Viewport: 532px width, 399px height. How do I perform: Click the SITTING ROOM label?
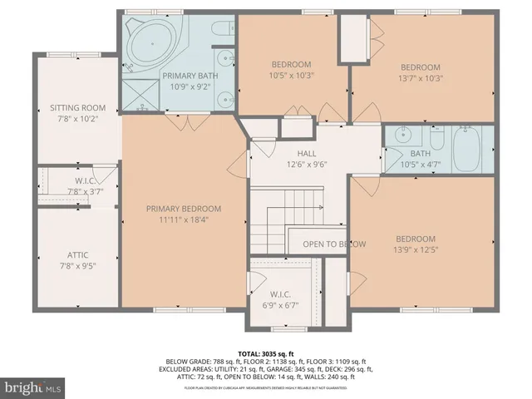[x=76, y=108]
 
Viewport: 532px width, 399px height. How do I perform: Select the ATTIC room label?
[x=76, y=255]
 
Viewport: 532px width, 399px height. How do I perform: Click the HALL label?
[x=307, y=153]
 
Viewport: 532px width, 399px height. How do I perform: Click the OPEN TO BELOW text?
[x=334, y=244]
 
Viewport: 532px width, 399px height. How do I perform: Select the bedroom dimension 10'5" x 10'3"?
[x=291, y=76]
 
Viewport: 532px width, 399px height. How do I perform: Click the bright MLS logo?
[x=33, y=387]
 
